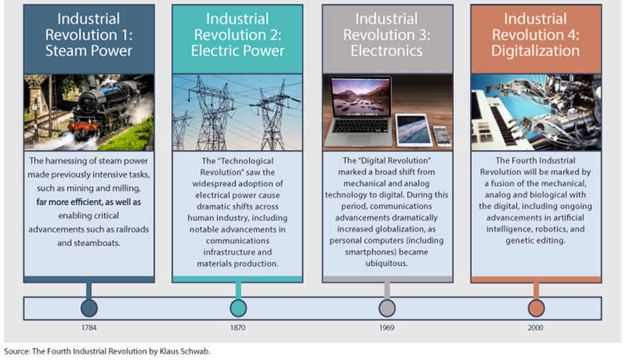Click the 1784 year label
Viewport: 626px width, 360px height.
(89, 327)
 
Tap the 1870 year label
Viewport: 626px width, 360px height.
(237, 327)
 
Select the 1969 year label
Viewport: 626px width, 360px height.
(386, 327)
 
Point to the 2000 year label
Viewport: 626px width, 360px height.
(535, 327)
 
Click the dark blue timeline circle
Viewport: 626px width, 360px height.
(89, 308)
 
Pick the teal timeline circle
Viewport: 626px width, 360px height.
(238, 308)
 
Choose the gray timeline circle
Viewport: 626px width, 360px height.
(387, 308)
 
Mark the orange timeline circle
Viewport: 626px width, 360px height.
(536, 308)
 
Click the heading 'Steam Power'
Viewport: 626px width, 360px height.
(89, 51)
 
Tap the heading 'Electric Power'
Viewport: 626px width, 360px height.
(237, 51)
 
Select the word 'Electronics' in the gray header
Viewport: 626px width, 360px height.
(386, 51)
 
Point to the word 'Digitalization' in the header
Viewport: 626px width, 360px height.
(535, 52)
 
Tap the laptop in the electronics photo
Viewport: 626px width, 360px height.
(359, 111)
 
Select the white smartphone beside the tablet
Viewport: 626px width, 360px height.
(442, 135)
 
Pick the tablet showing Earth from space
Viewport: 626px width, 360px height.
(413, 130)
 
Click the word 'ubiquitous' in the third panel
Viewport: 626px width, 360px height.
(386, 264)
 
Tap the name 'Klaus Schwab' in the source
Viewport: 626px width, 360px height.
(184, 351)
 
